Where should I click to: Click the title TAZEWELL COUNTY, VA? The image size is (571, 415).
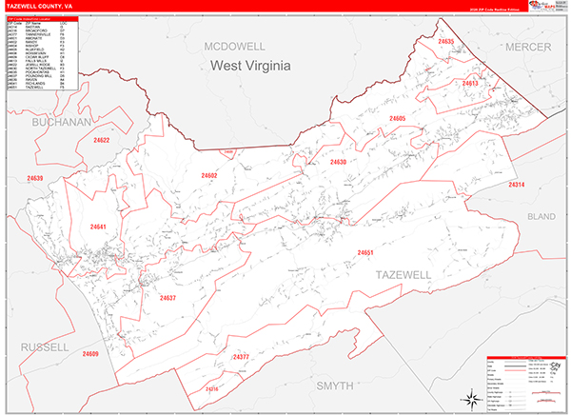[x=39, y=5]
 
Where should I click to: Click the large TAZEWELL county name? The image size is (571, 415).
[x=403, y=274]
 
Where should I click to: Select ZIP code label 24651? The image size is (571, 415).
[x=365, y=252]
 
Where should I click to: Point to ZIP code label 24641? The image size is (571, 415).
[x=99, y=227]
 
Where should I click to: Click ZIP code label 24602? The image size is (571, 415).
[x=209, y=175]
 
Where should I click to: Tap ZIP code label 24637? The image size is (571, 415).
[x=167, y=298]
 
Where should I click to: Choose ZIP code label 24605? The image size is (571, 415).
[x=397, y=118]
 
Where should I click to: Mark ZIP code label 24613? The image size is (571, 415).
[x=470, y=84]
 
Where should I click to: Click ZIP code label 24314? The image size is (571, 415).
[x=516, y=184]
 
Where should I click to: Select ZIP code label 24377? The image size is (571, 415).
[x=240, y=357]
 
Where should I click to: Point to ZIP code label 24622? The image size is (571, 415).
[x=102, y=141]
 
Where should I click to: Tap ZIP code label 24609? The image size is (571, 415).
[x=90, y=354]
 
